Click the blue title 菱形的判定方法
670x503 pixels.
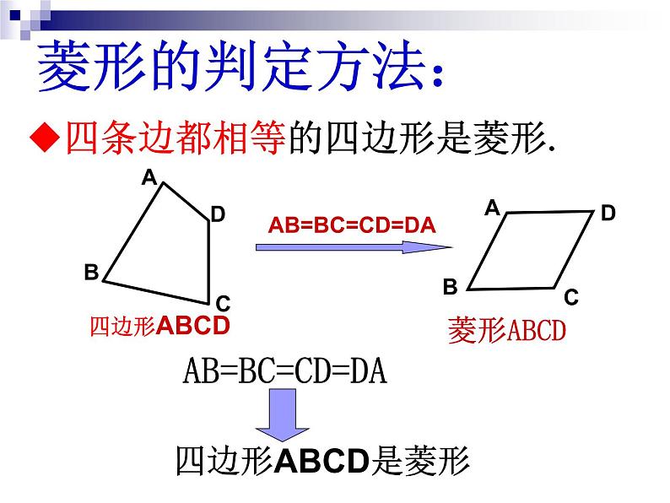pyautogui.click(x=241, y=66)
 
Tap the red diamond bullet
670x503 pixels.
pyautogui.click(x=45, y=137)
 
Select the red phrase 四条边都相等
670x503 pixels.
pyautogui.click(x=176, y=138)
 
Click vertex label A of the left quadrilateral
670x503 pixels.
pyautogui.click(x=149, y=177)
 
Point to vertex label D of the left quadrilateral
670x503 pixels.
pyautogui.click(x=218, y=214)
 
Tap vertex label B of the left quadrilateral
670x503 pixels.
pyautogui.click(x=91, y=273)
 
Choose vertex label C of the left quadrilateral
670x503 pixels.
pyautogui.click(x=223, y=304)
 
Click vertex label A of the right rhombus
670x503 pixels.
pyautogui.click(x=493, y=208)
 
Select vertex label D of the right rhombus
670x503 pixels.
pyautogui.click(x=608, y=213)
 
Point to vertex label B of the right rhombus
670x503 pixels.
pyautogui.click(x=451, y=287)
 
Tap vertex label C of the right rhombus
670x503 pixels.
pyautogui.click(x=571, y=297)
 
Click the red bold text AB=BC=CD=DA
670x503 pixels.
pyautogui.click(x=352, y=225)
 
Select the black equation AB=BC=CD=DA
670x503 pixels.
pyautogui.click(x=285, y=371)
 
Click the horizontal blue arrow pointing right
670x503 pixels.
pyautogui.click(x=354, y=247)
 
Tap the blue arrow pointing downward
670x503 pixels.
pyautogui.click(x=282, y=414)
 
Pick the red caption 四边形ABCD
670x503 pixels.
pyautogui.click(x=159, y=326)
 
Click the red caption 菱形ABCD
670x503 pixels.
pyautogui.click(x=507, y=330)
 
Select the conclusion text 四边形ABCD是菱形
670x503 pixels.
pyautogui.click(x=323, y=461)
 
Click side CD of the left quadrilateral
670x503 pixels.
pyautogui.click(x=209, y=262)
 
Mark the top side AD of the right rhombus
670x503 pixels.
pyautogui.click(x=550, y=212)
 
